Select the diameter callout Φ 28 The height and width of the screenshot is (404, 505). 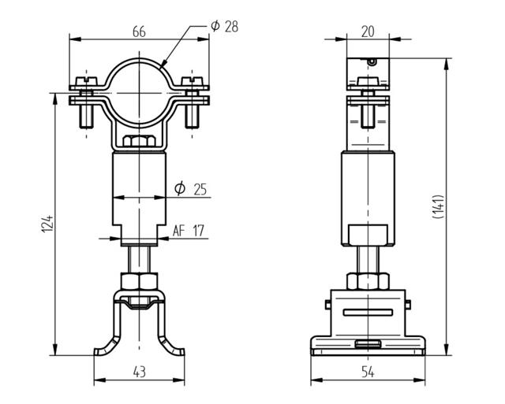click(x=224, y=26)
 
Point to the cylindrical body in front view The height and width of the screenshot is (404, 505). click(x=139, y=189)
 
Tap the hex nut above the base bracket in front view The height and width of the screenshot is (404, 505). click(x=139, y=281)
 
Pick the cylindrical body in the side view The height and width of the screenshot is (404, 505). click(x=368, y=189)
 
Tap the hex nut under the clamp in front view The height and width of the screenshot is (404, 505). click(x=139, y=143)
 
